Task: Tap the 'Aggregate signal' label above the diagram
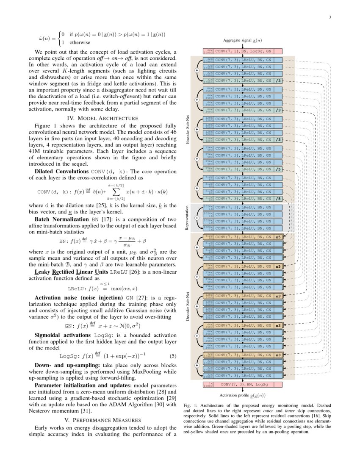tap(242, 40)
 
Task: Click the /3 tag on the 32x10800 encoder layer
tap(278, 80)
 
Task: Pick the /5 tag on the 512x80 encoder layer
tap(278, 198)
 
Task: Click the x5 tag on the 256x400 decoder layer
tap(278, 266)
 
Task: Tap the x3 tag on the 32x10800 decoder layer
tap(278, 355)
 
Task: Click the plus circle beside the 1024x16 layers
tap(197, 217)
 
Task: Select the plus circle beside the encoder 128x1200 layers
tap(197, 129)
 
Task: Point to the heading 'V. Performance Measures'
tap(102, 420)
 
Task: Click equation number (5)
tap(172, 356)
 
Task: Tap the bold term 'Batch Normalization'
tap(62, 221)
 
